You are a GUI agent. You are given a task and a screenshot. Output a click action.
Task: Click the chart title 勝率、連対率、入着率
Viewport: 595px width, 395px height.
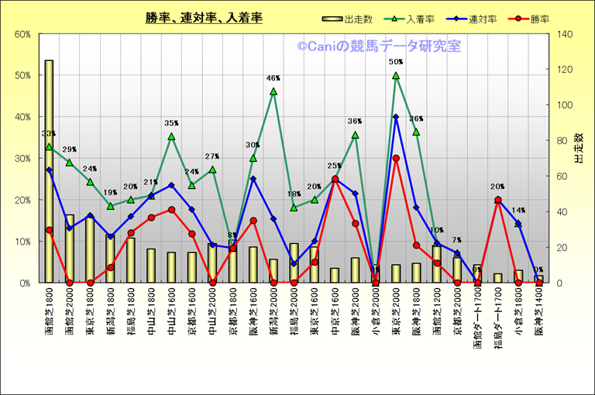tap(203, 18)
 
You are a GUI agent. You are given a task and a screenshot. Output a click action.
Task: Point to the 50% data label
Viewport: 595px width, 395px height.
tap(396, 62)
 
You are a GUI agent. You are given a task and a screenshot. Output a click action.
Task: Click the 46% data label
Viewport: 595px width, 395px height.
tap(273, 78)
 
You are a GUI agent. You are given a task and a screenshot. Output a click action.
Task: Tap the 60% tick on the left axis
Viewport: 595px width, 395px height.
tap(22, 34)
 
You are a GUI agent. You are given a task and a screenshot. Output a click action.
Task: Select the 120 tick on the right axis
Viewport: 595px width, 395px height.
tap(563, 70)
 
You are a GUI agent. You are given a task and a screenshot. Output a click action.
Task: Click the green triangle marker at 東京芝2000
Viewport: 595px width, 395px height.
tap(396, 75)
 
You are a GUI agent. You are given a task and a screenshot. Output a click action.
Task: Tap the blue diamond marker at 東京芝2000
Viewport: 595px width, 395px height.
tap(396, 117)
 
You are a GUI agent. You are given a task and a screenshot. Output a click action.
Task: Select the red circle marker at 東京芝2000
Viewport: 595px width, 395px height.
tap(396, 158)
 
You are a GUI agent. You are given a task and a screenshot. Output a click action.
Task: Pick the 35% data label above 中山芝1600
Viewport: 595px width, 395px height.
tap(171, 123)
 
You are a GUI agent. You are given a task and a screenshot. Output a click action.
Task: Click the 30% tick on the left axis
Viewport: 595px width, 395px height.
tap(22, 158)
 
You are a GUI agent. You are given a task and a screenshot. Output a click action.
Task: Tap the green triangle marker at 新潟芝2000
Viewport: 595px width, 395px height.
tap(273, 91)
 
